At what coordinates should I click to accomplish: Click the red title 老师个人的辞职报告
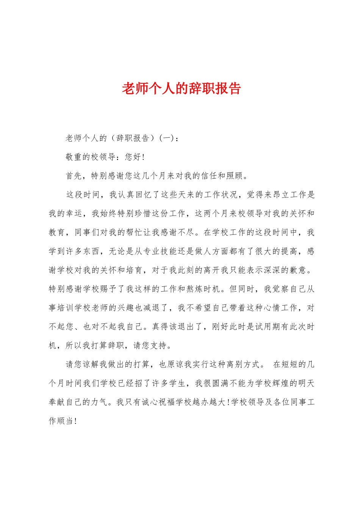point(181,88)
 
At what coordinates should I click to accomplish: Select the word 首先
point(74,176)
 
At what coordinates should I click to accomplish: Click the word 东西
point(92,251)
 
